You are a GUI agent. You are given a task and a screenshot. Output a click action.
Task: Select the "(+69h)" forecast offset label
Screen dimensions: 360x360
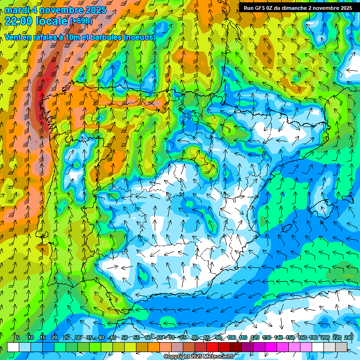tap(81, 21)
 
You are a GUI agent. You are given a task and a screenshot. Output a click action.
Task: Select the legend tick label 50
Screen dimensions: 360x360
tap(124, 338)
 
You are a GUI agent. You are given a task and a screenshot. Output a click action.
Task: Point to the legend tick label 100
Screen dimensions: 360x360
tap(231, 338)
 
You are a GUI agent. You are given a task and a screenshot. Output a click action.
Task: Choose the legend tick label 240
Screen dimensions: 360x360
tap(348, 338)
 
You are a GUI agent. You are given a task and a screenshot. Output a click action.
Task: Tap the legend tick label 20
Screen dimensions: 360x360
tap(54, 338)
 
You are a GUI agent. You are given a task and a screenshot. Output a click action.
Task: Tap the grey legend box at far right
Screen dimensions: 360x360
tap(341, 347)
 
